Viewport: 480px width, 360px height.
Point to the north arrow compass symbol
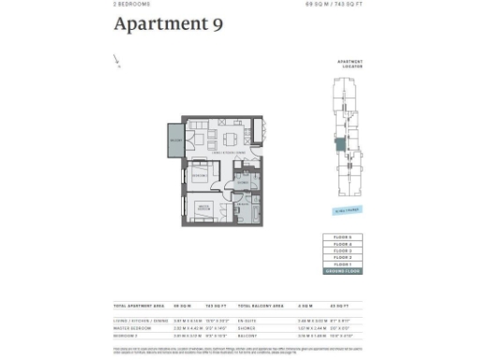[117, 62]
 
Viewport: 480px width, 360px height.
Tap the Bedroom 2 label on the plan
[200, 175]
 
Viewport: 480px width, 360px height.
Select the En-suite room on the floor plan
[242, 207]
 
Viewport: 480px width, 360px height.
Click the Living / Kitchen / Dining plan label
[229, 152]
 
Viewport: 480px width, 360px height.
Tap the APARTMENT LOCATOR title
[350, 65]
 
